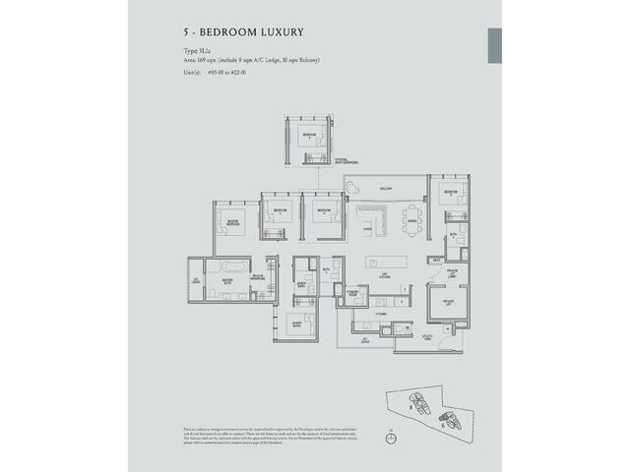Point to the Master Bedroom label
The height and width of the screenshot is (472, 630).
(x=232, y=222)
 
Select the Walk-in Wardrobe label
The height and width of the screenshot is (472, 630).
(x=257, y=278)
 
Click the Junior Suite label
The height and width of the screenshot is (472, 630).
(x=296, y=322)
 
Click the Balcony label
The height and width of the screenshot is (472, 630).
(x=386, y=187)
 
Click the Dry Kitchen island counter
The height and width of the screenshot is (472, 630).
(x=385, y=263)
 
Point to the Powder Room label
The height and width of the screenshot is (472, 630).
(x=349, y=292)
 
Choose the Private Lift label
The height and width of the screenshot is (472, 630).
(x=448, y=302)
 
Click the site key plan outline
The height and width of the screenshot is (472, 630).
(x=426, y=407)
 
